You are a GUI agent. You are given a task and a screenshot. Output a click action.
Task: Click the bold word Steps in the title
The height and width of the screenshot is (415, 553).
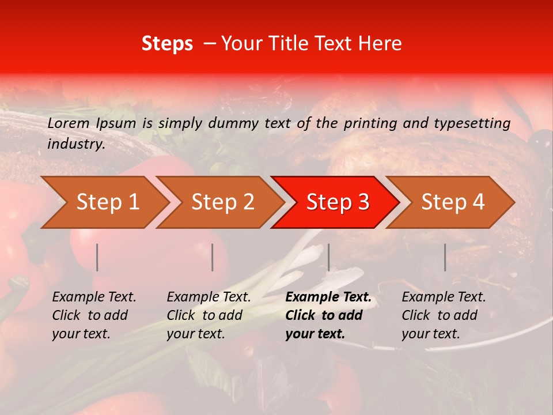coord(167,44)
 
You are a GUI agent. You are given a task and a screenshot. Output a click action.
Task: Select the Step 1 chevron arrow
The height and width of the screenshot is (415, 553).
coord(104,202)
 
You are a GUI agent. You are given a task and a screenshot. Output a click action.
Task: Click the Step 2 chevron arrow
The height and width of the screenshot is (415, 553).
coord(219,202)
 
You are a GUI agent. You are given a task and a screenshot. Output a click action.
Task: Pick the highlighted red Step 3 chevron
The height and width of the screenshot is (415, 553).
coord(335,202)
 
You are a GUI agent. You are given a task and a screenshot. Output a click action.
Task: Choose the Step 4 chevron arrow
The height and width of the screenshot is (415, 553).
coord(450,202)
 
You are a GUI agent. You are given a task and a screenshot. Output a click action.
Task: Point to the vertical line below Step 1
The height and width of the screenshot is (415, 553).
coord(97,257)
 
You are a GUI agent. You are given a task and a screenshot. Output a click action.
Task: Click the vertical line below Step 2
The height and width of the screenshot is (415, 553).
coord(213,257)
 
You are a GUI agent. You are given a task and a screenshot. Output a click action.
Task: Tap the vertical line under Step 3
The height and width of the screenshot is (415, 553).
coord(328,257)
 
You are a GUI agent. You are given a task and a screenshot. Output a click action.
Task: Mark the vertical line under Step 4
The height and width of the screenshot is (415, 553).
coord(445,257)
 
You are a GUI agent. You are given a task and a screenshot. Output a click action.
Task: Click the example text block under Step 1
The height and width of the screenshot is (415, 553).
coord(94,315)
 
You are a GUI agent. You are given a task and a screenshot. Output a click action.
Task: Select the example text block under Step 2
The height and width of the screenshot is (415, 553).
coord(209,315)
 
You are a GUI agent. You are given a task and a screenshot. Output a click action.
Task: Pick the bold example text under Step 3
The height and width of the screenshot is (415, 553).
coord(328,315)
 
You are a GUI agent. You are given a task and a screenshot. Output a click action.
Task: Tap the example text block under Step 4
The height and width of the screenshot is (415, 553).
coord(444,315)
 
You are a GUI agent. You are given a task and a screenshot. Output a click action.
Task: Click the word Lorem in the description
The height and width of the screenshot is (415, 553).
coord(69,123)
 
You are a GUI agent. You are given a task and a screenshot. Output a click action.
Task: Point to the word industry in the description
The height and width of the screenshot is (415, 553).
coord(76,144)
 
